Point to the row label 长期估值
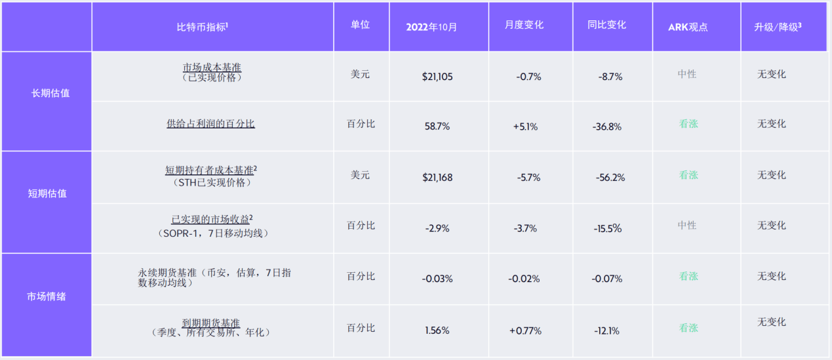(x=50, y=93)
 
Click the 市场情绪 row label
(x=47, y=296)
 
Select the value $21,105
(x=437, y=77)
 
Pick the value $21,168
(x=437, y=178)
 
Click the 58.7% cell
(x=437, y=127)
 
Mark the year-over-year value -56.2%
(x=610, y=178)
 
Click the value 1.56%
(x=437, y=330)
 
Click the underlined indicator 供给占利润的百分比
(x=210, y=123)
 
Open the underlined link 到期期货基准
(x=210, y=323)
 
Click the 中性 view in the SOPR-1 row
(x=687, y=225)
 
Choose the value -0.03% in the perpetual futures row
(x=437, y=279)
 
